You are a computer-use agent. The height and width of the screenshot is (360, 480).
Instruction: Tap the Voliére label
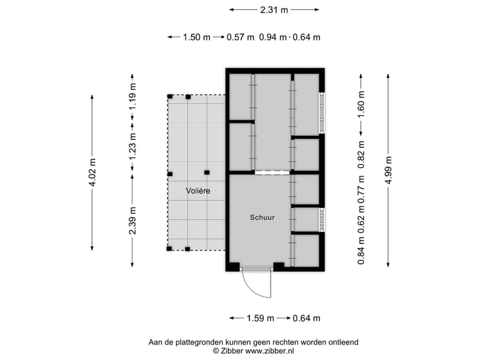198,191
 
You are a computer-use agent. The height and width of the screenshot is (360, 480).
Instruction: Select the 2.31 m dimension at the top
274,10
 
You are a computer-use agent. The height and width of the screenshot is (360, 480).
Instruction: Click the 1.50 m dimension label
197,37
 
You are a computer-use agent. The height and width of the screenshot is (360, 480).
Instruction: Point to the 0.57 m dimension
240,37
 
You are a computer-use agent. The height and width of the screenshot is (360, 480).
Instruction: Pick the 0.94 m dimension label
273,37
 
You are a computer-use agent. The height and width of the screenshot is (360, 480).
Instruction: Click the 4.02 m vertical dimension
93,173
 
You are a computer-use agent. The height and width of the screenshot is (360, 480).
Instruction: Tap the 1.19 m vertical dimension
133,96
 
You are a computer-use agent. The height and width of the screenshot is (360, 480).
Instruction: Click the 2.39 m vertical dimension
133,220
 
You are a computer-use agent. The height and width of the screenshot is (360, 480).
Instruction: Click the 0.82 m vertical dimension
362,153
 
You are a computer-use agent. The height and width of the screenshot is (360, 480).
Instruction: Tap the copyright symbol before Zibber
215,351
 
